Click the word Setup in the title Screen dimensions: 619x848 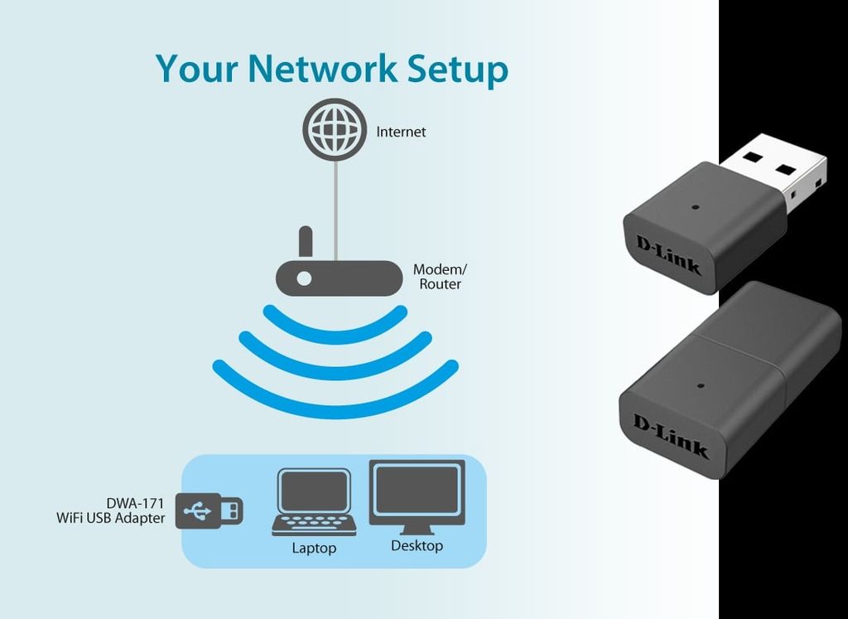click(457, 70)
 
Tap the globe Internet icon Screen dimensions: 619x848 click(335, 131)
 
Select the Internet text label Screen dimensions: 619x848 click(401, 132)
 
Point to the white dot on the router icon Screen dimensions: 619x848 click(304, 278)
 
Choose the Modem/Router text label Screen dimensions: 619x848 click(440, 277)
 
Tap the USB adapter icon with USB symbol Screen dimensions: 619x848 click(209, 510)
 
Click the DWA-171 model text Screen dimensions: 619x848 click(135, 503)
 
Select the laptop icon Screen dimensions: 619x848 click(314, 503)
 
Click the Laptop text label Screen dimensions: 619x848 click(314, 549)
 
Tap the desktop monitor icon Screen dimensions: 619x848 click(417, 497)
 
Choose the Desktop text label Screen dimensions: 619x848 click(417, 546)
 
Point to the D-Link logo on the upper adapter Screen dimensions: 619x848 click(667, 254)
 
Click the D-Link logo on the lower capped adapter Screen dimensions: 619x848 click(671, 435)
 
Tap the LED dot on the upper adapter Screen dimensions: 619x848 click(694, 206)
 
